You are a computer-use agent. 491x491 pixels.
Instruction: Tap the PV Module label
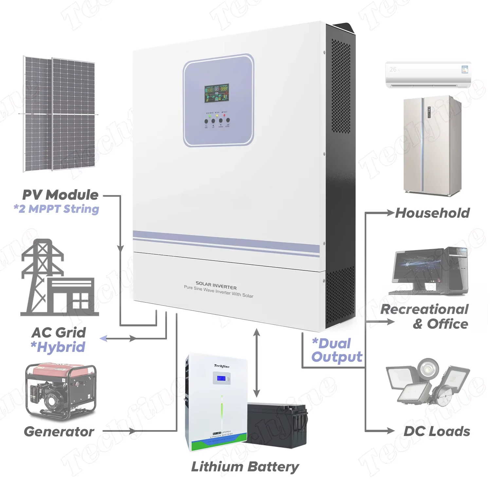[61, 195]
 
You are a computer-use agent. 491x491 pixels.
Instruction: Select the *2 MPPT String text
[56, 209]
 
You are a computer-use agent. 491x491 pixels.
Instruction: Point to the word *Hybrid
[58, 347]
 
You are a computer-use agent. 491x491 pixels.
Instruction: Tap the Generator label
[59, 432]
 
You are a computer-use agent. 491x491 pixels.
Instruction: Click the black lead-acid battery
[278, 426]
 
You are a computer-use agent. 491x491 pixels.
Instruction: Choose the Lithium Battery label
[245, 467]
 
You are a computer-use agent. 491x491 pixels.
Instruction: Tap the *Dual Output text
[336, 350]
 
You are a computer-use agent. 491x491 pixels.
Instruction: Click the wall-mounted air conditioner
[428, 75]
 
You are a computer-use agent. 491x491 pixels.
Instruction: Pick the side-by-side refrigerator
[432, 146]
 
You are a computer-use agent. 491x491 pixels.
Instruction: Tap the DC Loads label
[437, 431]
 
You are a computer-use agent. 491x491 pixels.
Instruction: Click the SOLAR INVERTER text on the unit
[216, 285]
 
